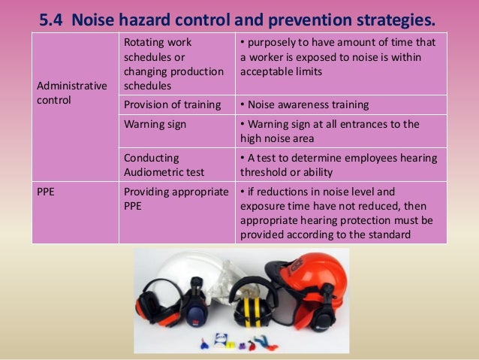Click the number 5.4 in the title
tap(53, 17)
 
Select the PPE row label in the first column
tap(47, 192)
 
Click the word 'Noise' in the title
tap(103, 17)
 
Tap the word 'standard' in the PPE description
tap(388, 233)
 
